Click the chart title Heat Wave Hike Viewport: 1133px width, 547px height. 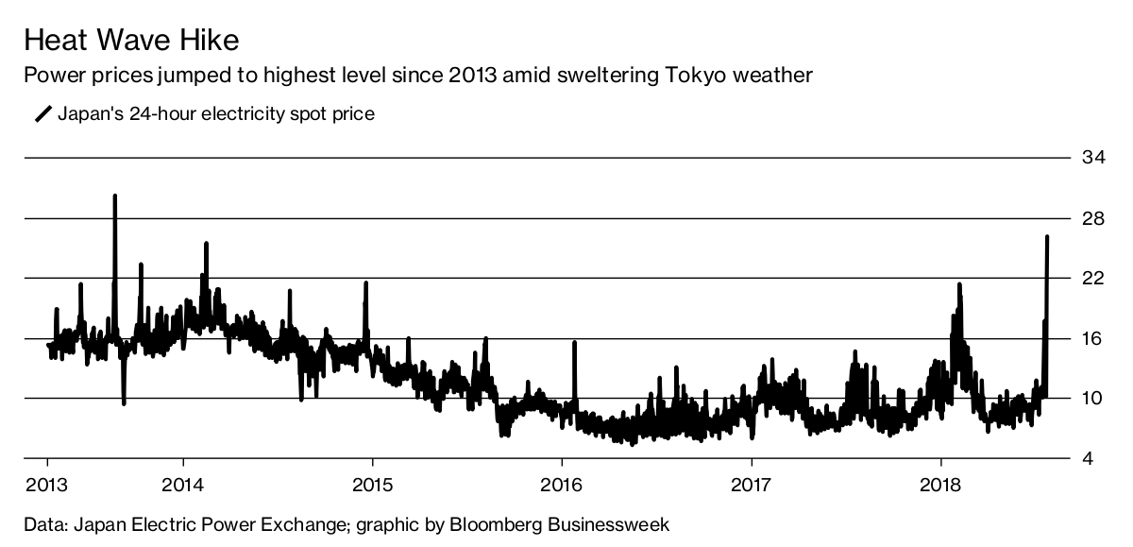(131, 41)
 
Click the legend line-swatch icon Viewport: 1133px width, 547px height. (43, 114)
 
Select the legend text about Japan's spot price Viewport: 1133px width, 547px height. (216, 114)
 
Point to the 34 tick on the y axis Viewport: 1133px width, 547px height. (1093, 158)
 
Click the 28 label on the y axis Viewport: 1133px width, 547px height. (1093, 218)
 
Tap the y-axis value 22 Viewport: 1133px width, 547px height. (1093, 279)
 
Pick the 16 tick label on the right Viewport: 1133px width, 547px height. (1093, 338)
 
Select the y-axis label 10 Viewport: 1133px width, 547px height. (1093, 399)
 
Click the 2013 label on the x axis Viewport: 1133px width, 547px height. (48, 486)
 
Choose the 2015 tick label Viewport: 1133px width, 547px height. (372, 486)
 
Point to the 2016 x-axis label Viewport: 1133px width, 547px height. (562, 486)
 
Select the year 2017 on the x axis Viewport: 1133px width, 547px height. (752, 486)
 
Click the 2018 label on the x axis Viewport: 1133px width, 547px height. (940, 486)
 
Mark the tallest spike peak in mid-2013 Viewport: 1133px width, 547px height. (115, 197)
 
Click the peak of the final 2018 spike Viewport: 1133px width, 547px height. (1047, 237)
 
